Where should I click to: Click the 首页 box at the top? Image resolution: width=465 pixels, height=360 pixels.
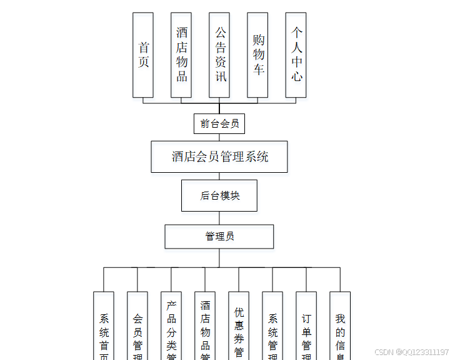point(143,55)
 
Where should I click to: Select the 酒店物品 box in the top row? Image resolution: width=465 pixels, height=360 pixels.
point(181,55)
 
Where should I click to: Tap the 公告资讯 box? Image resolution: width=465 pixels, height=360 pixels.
point(219,55)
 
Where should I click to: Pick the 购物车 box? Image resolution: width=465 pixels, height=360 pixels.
point(257,55)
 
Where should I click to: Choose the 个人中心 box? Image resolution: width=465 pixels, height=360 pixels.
point(296,55)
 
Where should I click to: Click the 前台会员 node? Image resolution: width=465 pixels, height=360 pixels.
point(219,123)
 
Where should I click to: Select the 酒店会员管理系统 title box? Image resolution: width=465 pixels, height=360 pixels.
point(219,157)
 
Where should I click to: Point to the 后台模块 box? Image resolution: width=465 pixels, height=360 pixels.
point(219,195)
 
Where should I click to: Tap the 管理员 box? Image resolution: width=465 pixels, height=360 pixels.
point(219,237)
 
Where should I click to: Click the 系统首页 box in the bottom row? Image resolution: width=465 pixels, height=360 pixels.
point(104,326)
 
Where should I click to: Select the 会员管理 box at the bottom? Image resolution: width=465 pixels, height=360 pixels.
point(137,326)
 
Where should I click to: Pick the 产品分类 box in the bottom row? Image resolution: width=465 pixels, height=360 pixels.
point(171,326)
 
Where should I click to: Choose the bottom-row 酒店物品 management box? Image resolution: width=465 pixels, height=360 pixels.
point(205,326)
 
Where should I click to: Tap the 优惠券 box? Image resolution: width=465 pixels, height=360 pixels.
point(239,326)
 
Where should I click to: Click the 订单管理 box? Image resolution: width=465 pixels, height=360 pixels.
point(306,326)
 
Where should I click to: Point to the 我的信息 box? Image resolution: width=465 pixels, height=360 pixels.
point(340,326)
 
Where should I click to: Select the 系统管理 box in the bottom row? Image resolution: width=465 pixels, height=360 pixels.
point(272,326)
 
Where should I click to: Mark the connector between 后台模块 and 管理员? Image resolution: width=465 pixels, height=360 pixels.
point(219,218)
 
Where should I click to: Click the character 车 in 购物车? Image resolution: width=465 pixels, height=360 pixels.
point(258,69)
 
